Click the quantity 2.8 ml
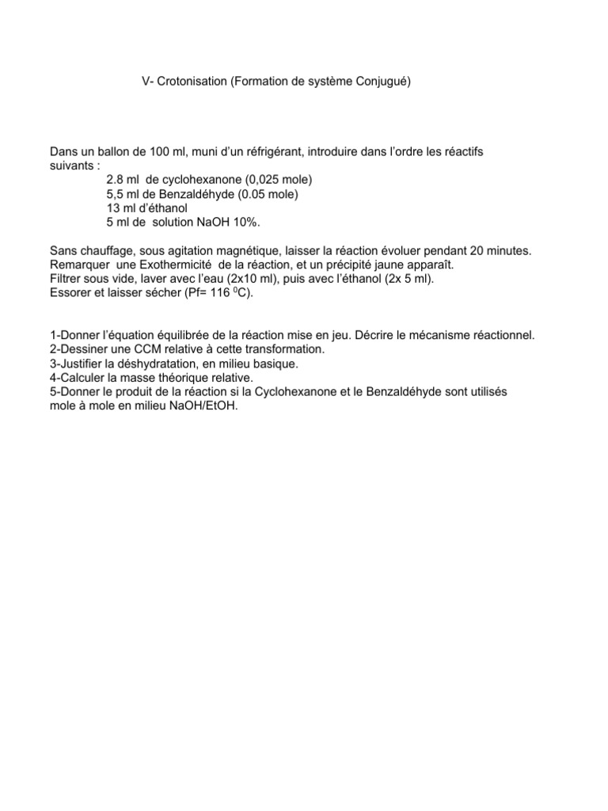click(121, 179)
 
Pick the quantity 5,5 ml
click(121, 193)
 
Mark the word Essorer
click(70, 293)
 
